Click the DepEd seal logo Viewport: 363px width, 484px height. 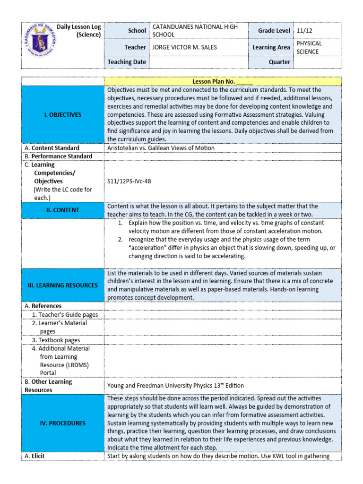[40, 43]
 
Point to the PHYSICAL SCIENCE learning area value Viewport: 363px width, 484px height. [310, 47]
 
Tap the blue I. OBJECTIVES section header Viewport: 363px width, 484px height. [63, 114]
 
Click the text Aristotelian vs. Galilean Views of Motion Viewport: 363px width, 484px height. [161, 148]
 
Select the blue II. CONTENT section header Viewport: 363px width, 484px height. [63, 210]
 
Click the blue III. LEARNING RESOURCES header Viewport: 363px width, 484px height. [63, 285]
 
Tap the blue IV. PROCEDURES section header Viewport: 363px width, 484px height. [63, 423]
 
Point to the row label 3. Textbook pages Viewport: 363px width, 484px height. [56, 340]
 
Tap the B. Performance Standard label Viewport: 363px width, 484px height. [58, 156]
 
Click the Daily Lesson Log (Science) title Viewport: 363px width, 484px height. [78, 31]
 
